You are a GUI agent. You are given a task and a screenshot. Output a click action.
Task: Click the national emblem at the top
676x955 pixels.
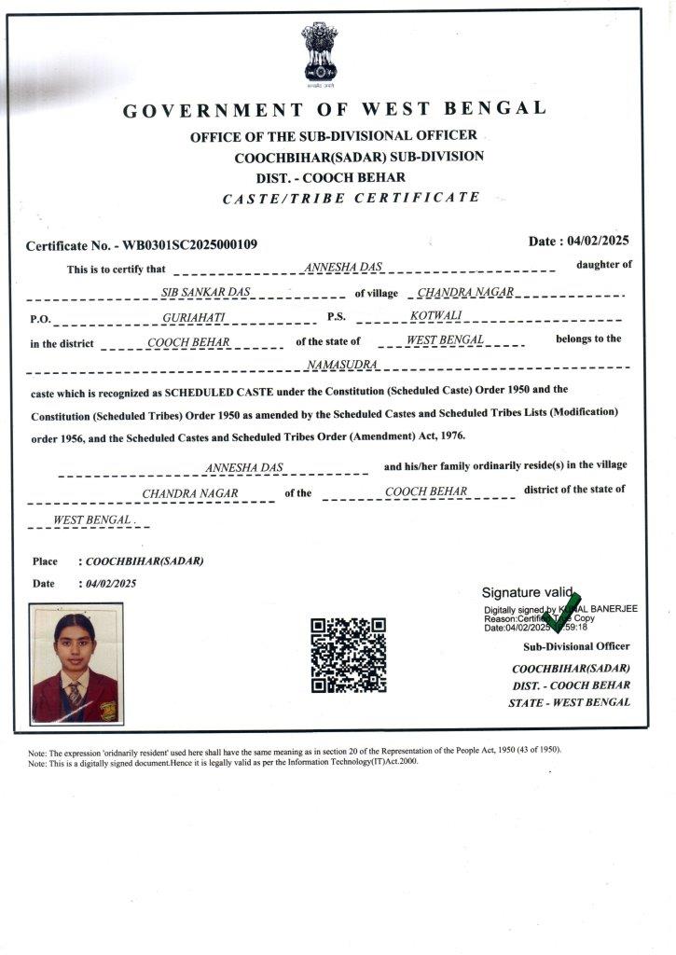(319, 53)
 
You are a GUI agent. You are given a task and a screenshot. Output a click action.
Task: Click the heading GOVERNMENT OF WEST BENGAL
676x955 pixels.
(335, 110)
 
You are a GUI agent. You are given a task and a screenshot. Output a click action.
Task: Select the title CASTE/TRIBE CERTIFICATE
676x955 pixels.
(352, 198)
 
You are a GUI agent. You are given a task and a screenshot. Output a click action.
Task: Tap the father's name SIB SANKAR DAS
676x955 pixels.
(200, 293)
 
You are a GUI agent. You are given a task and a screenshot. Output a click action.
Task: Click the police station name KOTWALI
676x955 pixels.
(431, 316)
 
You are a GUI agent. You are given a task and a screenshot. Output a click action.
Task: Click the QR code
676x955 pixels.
(348, 655)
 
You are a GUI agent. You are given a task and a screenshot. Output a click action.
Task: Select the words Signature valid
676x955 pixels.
(526, 592)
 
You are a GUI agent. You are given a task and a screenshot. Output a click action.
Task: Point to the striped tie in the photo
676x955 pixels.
(75, 695)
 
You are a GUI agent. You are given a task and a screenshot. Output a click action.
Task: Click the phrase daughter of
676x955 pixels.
(603, 265)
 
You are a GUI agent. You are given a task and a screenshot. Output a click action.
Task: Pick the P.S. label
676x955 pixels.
(337, 317)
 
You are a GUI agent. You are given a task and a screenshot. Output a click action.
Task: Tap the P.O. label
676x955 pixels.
(40, 319)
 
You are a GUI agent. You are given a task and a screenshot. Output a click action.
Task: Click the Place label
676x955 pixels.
(45, 561)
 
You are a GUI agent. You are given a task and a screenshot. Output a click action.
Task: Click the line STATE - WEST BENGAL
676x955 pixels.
(569, 702)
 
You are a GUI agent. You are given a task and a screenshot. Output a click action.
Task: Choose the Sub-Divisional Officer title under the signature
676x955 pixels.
(576, 646)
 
